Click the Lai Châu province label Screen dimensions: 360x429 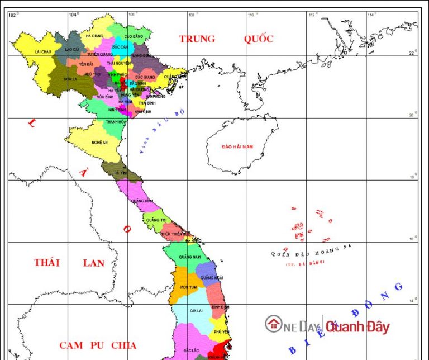43,51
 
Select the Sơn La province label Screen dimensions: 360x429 70,79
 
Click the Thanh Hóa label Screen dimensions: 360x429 116,121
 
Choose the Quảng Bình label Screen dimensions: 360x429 142,201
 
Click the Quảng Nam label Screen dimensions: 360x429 190,257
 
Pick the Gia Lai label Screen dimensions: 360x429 196,310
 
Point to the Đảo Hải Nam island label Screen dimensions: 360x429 237,146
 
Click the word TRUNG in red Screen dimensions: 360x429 197,39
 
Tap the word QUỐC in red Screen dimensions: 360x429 259,39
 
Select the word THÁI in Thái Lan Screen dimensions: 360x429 47,263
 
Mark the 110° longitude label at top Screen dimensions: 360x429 250,15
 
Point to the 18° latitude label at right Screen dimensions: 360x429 413,177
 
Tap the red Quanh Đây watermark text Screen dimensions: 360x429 358,327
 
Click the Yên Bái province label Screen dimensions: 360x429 86,64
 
